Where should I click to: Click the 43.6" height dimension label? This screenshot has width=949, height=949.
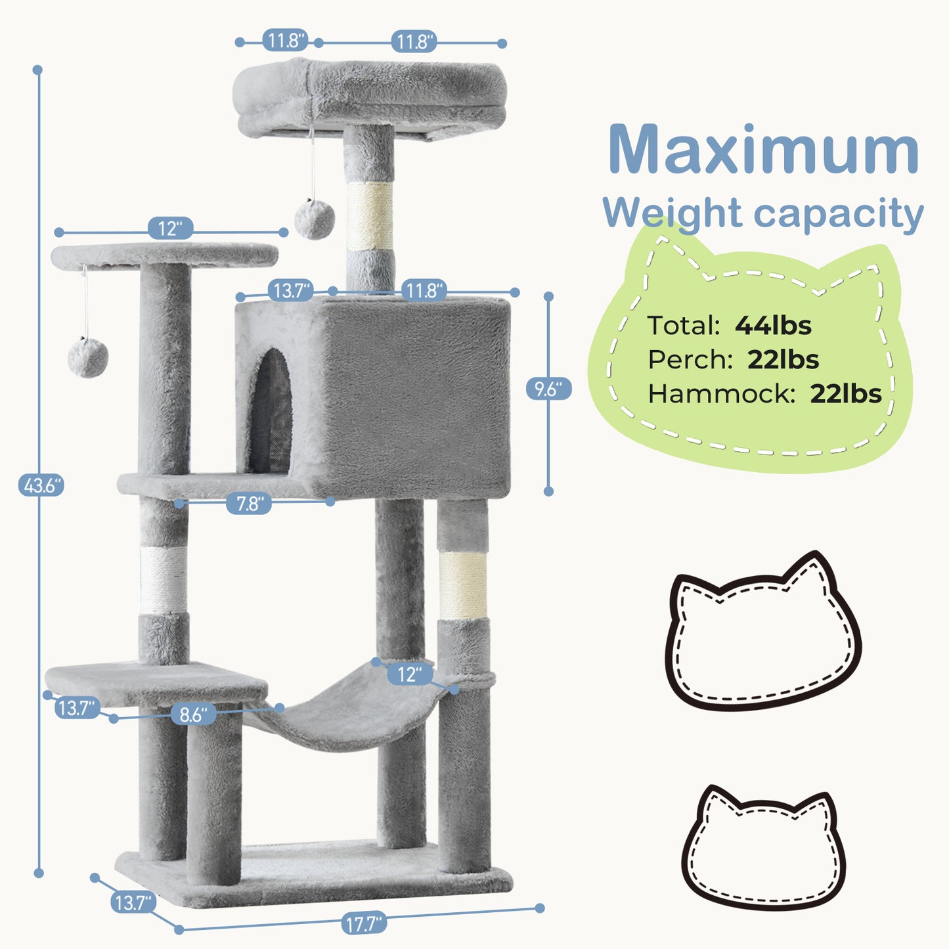(x=41, y=486)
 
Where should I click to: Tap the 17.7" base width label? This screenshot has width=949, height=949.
(x=363, y=924)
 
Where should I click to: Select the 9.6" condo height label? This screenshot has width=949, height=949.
(x=548, y=389)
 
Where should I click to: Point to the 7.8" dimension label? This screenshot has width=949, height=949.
(x=250, y=504)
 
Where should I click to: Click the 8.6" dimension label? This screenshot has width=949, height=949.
(x=193, y=714)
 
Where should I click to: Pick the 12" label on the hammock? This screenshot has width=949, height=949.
(x=409, y=674)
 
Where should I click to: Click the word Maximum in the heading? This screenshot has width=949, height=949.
(x=763, y=151)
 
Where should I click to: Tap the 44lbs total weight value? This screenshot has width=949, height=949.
(x=773, y=326)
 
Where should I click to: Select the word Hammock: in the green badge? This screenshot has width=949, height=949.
(x=721, y=394)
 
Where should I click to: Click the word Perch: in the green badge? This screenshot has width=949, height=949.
(x=690, y=360)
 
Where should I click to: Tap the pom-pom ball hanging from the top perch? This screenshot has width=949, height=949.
(x=315, y=219)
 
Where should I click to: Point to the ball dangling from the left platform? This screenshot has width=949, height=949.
(x=88, y=358)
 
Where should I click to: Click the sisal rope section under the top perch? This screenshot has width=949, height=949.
(x=370, y=215)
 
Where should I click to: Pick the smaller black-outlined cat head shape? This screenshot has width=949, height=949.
(x=763, y=849)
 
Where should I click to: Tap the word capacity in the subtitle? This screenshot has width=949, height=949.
(x=839, y=214)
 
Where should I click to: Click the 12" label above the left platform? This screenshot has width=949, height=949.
(x=170, y=229)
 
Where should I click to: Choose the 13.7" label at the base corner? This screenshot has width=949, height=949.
(x=133, y=903)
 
